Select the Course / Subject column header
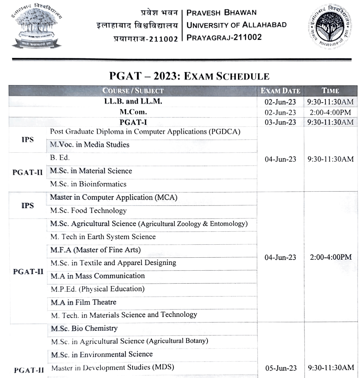[x=133, y=91]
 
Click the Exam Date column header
[x=280, y=91]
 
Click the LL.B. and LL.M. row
[x=133, y=102]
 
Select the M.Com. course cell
[x=133, y=112]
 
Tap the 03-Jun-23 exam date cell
[x=280, y=122]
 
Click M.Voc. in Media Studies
[x=90, y=145]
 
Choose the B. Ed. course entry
[x=60, y=158]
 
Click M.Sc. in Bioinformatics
[x=88, y=184]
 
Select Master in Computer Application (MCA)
[x=114, y=197]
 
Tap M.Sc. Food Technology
[x=88, y=211]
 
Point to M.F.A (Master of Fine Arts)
[x=95, y=250]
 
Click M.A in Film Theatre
[x=83, y=302]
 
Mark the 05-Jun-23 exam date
[x=280, y=368]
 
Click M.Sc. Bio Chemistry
[x=84, y=328]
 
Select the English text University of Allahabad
[x=236, y=25]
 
